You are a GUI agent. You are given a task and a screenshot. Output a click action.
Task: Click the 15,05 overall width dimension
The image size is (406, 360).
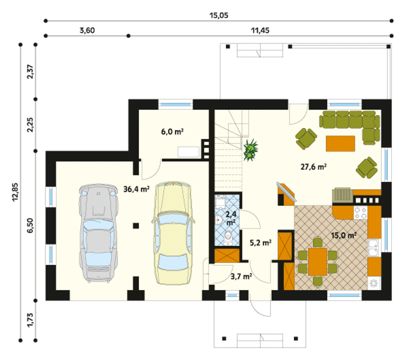pyautogui.click(x=219, y=16)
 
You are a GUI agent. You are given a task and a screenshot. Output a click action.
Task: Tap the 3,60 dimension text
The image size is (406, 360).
pyautogui.click(x=87, y=30)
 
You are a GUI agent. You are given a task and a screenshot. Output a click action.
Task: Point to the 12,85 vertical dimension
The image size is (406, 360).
pyautogui.click(x=16, y=192)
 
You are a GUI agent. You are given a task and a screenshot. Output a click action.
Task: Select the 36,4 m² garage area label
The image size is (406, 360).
pyautogui.click(x=136, y=189)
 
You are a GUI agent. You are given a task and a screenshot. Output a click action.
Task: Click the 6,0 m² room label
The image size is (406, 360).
pyautogui.click(x=172, y=131)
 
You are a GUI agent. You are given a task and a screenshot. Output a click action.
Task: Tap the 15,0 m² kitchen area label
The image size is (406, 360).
pyautogui.click(x=344, y=235)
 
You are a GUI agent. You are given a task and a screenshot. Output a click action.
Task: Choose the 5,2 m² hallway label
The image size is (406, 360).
pyautogui.click(x=260, y=243)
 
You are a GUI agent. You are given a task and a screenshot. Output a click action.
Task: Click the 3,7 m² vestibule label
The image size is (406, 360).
pyautogui.click(x=241, y=277)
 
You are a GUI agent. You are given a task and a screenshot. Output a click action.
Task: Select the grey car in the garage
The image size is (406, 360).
pyautogui.click(x=98, y=233)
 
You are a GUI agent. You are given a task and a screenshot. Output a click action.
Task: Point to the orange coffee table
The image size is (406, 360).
pyautogui.click(x=340, y=143)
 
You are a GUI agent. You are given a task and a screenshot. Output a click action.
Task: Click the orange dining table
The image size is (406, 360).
pyautogui.click(x=318, y=262)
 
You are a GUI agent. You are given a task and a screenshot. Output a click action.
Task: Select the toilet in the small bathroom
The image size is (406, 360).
pyautogui.click(x=228, y=238)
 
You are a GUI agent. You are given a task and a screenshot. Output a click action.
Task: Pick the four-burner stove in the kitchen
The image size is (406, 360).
pyautogui.click(x=361, y=213)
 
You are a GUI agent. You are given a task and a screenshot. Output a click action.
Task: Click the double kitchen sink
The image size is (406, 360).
pyautogui.click(x=373, y=248)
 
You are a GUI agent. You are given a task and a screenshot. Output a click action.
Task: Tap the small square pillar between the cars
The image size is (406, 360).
pyautogui.click(x=136, y=226)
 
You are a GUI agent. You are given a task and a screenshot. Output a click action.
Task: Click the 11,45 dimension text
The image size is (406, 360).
pyautogui.click(x=260, y=30)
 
